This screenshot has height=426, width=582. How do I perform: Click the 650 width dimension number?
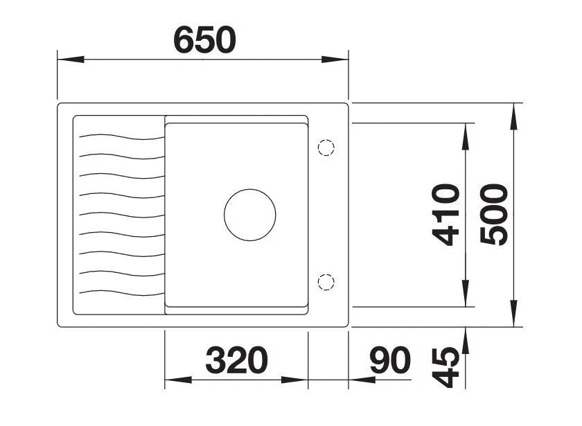(x=204, y=39)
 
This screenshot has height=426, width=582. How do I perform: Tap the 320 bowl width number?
(x=236, y=360)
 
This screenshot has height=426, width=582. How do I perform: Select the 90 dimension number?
(x=390, y=360)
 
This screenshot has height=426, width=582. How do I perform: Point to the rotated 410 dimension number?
(x=446, y=215)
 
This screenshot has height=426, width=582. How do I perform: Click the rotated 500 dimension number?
(x=493, y=215)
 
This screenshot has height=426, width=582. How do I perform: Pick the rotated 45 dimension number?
(x=446, y=367)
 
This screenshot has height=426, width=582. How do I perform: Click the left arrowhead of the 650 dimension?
(x=71, y=60)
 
